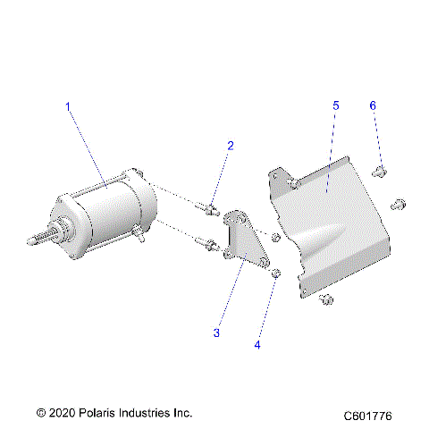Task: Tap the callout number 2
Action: pyautogui.click(x=230, y=145)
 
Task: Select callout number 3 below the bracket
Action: pyautogui.click(x=216, y=332)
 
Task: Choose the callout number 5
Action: pyautogui.click(x=335, y=106)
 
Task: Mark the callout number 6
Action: pyautogui.click(x=373, y=106)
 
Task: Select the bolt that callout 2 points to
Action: pyautogui.click(x=211, y=210)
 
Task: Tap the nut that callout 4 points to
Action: pyautogui.click(x=277, y=272)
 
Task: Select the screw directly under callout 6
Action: pyautogui.click(x=379, y=170)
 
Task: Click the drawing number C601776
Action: pyautogui.click(x=374, y=416)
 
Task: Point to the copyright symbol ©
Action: pyautogui.click(x=40, y=414)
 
